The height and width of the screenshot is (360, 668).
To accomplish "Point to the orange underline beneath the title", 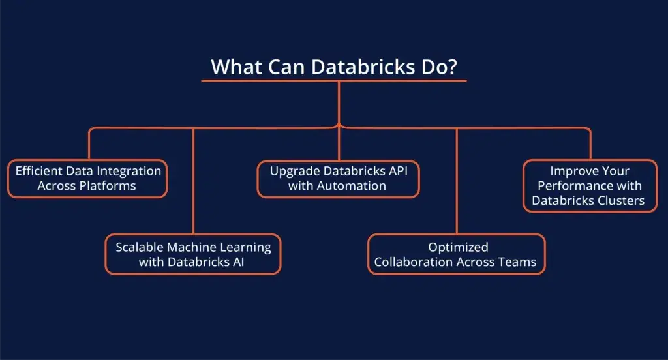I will coord(334,81).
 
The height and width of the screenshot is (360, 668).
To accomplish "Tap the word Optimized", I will coord(458,247).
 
